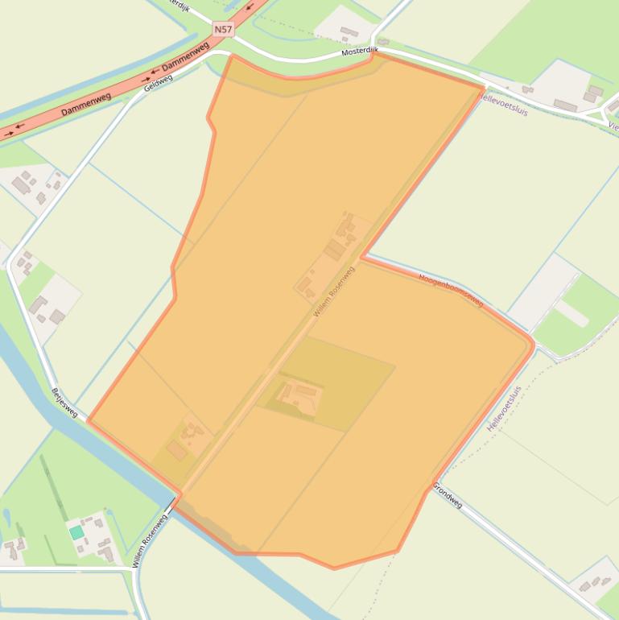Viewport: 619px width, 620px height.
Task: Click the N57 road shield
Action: click(223, 29)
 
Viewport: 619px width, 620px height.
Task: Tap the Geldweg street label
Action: click(159, 81)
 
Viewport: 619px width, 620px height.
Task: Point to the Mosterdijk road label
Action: click(359, 50)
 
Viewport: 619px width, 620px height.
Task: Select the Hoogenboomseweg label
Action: click(451, 290)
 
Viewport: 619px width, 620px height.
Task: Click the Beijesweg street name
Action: click(64, 403)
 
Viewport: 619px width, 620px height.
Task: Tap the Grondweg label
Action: click(448, 494)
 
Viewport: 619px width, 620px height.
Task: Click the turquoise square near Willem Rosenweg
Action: click(76, 532)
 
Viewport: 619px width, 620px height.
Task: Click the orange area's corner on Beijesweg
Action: click(89, 420)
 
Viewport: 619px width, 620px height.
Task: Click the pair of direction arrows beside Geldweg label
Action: click(147, 80)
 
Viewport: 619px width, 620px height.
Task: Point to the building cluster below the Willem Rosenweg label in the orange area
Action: click(299, 395)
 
